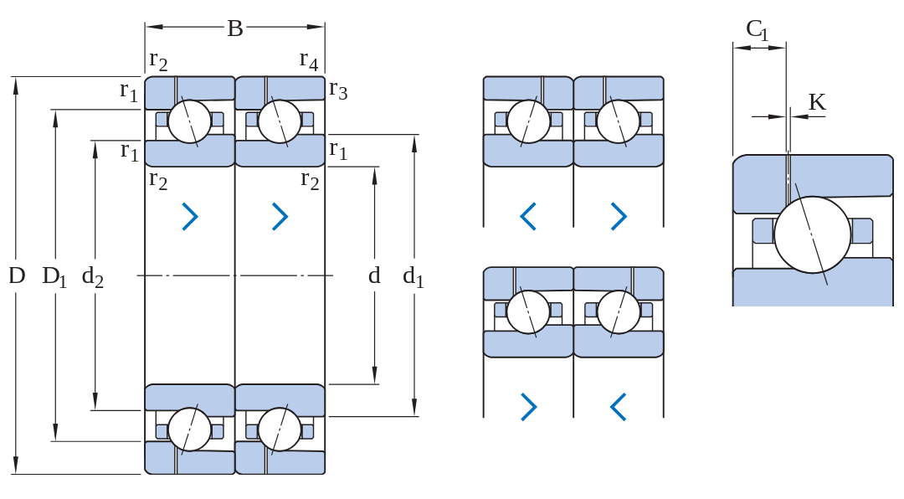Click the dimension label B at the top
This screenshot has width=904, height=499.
(234, 28)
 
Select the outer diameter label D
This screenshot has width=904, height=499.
(17, 275)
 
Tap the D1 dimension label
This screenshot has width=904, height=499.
(54, 277)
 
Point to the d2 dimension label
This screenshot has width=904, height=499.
(92, 277)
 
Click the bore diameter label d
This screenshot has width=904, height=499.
(374, 275)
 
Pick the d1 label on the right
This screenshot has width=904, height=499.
(413, 277)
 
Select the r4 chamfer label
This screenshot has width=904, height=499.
(308, 60)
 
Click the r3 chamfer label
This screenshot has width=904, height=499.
(338, 90)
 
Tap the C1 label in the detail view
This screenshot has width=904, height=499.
(757, 29)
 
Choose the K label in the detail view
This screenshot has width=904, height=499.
(817, 102)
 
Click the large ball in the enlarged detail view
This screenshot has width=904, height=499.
(812, 234)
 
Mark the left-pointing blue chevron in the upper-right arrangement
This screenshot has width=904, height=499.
(528, 216)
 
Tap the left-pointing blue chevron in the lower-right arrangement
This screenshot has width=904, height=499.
(618, 407)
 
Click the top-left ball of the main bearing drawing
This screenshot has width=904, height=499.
(190, 121)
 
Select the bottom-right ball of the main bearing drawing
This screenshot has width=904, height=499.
(280, 430)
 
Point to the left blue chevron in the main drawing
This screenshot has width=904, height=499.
(190, 216)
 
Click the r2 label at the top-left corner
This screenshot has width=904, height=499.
(158, 60)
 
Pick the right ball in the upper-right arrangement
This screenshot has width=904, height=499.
(618, 121)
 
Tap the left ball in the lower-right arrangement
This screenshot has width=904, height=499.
(528, 311)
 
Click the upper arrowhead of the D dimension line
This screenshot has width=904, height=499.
(16, 85)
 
